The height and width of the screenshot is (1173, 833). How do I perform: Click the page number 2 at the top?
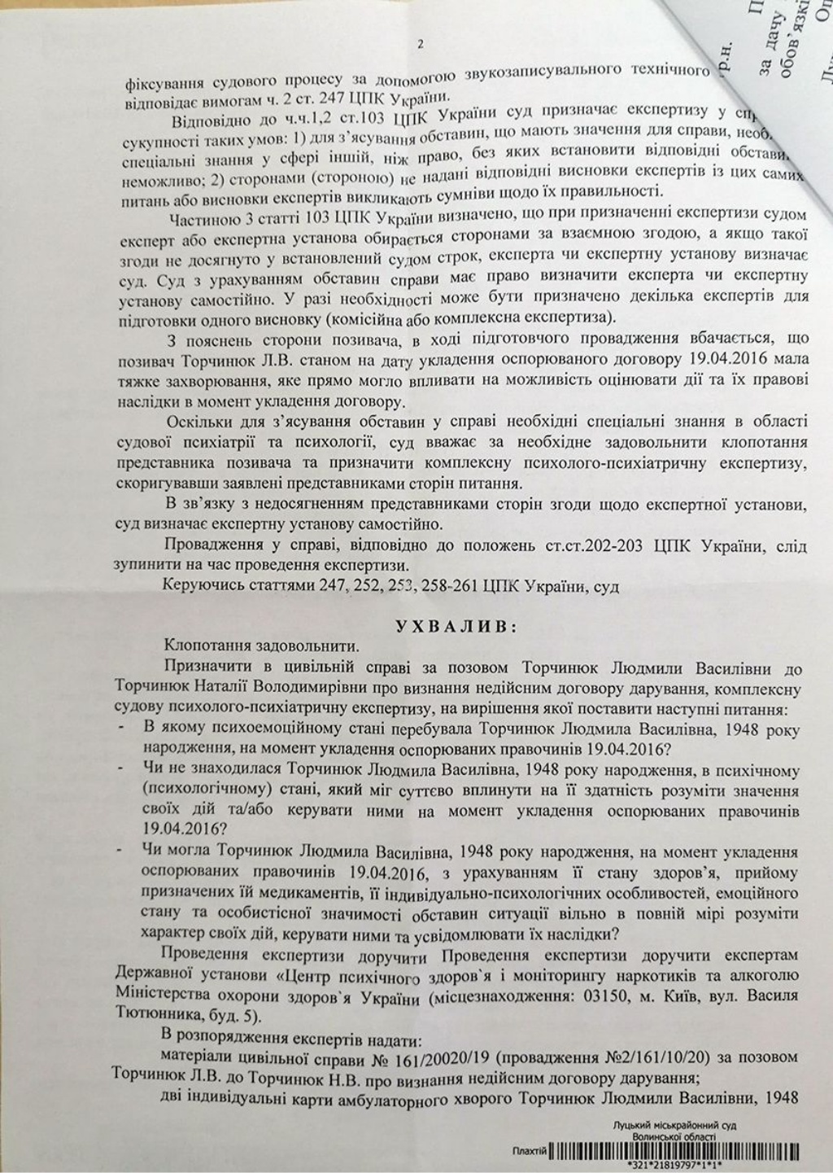420,45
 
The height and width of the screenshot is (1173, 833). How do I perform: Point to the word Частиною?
203,218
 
